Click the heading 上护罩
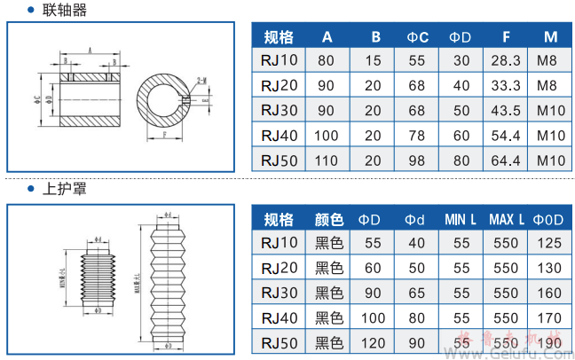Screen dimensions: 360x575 pyautogui.click(x=64, y=189)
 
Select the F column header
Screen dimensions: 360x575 pyautogui.click(x=505, y=37)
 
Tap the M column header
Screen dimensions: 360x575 pyautogui.click(x=550, y=37)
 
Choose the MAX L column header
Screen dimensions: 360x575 pyautogui.click(x=506, y=219)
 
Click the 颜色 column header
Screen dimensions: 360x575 pyautogui.click(x=329, y=219)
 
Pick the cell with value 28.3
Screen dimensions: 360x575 pyautogui.click(x=505, y=61)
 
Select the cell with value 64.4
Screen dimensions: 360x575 pyautogui.click(x=505, y=160)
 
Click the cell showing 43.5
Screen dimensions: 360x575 pyautogui.click(x=505, y=111)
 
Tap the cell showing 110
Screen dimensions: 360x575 pyautogui.click(x=327, y=160)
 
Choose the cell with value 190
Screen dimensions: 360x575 pyautogui.click(x=549, y=341)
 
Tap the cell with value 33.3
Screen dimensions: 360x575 pyautogui.click(x=505, y=86)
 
